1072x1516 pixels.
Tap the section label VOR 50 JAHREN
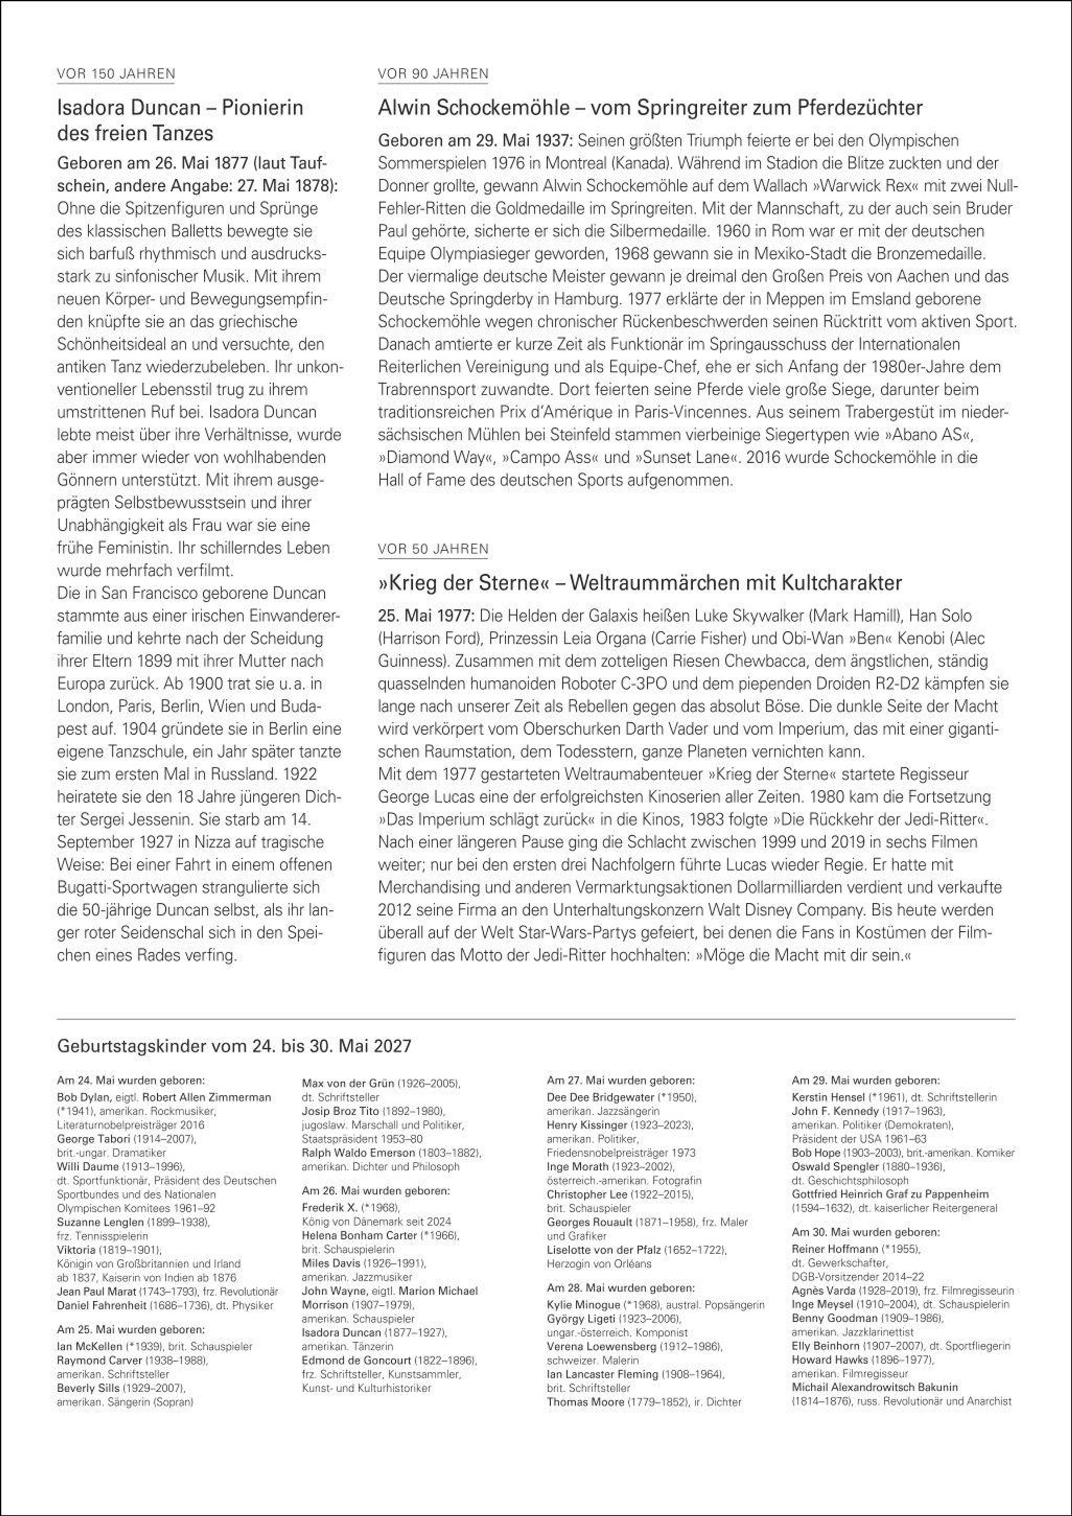(432, 549)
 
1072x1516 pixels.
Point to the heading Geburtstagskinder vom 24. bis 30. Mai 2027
(234, 1046)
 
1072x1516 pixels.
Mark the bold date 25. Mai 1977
(426, 616)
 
